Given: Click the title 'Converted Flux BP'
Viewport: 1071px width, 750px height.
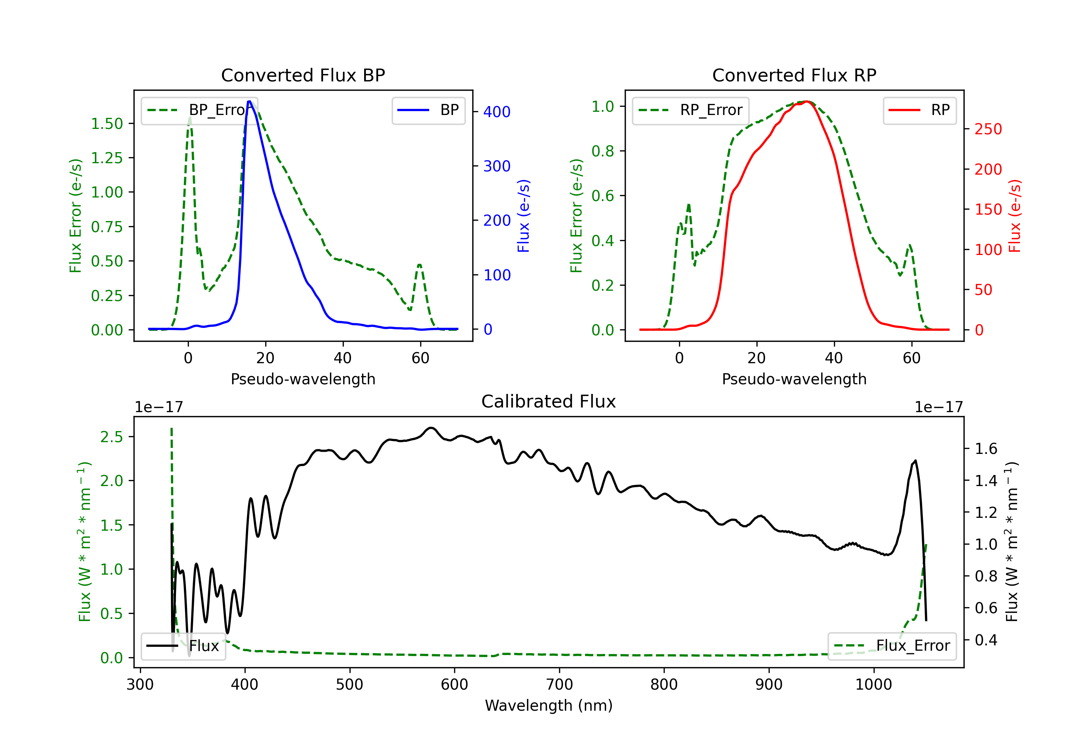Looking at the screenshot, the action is pos(303,75).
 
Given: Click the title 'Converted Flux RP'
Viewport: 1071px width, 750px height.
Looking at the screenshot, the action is pos(794,75).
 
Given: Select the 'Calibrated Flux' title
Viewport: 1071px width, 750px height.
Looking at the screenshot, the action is pos(549,401).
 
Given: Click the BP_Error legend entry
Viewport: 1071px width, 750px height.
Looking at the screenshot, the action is pos(199,110).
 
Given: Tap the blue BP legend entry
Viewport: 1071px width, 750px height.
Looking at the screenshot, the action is pos(428,110).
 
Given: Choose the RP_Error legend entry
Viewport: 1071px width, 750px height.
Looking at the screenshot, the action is pos(690,110).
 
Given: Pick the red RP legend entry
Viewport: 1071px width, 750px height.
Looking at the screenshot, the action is pos(919,110).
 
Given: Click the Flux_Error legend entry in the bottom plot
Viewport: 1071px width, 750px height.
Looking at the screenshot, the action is pos(892,646).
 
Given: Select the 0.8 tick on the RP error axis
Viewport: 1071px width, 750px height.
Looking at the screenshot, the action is pos(603,151).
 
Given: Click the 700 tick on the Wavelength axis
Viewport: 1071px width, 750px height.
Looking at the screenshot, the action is pos(559,685).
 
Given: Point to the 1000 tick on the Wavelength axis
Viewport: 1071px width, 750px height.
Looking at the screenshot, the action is pos(874,685).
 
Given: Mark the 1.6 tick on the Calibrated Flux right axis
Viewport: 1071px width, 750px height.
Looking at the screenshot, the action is pos(986,449).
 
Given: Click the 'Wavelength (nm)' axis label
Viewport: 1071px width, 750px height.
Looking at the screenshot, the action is pos(549,706).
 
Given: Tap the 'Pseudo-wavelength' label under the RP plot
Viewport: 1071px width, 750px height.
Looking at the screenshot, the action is pos(794,379).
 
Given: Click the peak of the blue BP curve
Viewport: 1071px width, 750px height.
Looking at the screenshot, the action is pos(250,101).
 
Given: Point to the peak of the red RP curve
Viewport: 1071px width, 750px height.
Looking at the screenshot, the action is pos(808,102).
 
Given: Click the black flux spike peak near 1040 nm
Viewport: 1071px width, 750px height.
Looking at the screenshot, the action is pos(916,461).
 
